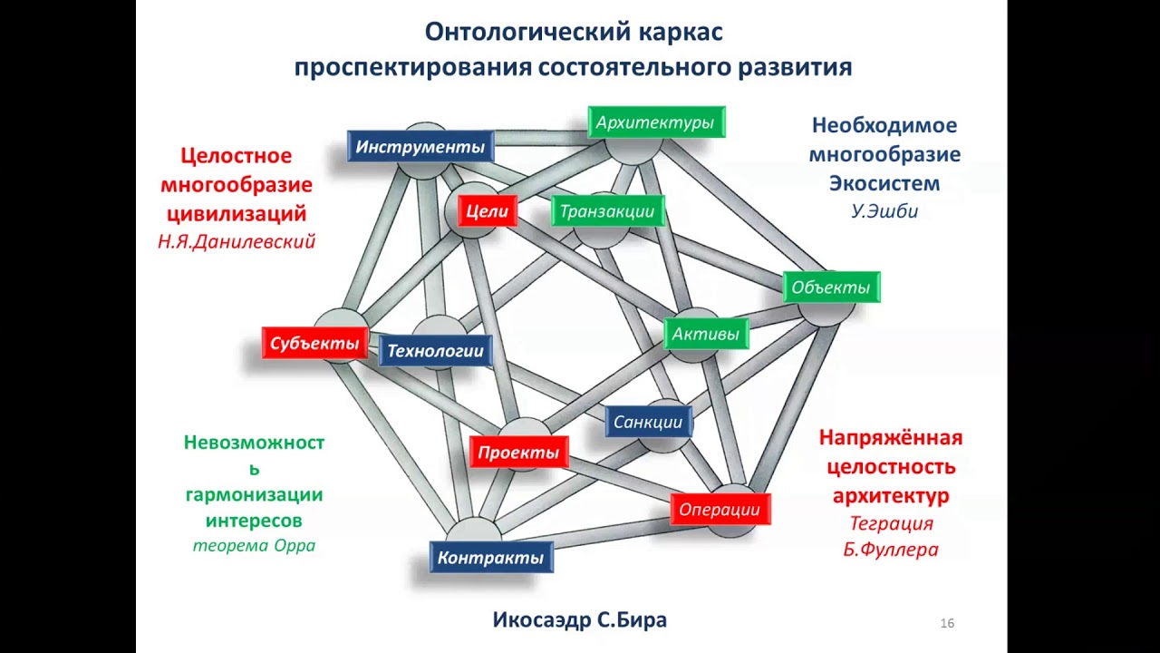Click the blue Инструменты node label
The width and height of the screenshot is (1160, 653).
click(420, 147)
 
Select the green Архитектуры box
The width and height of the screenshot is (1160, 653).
click(655, 122)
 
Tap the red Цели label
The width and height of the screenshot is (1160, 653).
click(488, 212)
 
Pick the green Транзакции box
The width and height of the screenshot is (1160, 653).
click(607, 212)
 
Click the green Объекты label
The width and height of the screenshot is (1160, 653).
click(830, 288)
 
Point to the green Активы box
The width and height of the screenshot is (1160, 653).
click(706, 334)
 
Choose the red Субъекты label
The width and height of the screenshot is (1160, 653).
click(314, 344)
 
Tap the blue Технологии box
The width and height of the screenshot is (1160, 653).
click(436, 351)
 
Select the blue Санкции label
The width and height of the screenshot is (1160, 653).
click(648, 422)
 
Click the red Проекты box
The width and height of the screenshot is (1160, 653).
click(518, 453)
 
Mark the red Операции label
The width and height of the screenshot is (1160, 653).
click(720, 510)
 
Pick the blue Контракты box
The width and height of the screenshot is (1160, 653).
click(490, 557)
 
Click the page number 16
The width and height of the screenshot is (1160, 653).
click(947, 623)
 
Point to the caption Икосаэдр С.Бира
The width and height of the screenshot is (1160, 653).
click(580, 620)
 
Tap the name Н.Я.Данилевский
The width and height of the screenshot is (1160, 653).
click(237, 242)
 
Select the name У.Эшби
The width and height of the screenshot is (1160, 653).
click(884, 212)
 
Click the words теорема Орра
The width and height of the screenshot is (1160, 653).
click(254, 546)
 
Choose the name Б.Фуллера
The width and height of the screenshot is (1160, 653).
click(891, 550)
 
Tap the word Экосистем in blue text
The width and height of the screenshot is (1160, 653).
click(884, 183)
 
